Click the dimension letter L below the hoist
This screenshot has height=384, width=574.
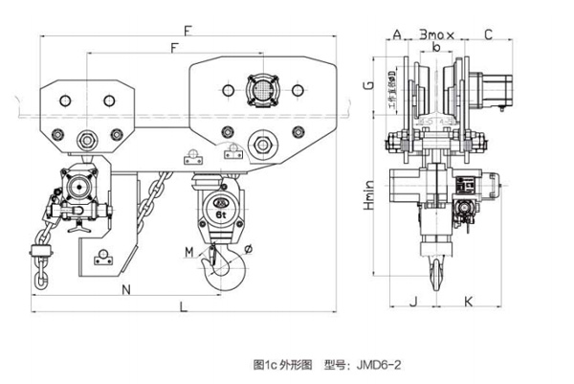click(x=183, y=305)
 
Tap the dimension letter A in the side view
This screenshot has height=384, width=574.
click(x=396, y=34)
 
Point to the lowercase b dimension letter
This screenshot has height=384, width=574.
click(x=436, y=46)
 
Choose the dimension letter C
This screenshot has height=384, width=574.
click(x=488, y=34)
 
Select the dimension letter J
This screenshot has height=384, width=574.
click(x=412, y=301)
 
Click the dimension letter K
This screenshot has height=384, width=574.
click(x=468, y=301)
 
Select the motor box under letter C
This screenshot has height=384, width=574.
click(x=494, y=88)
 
